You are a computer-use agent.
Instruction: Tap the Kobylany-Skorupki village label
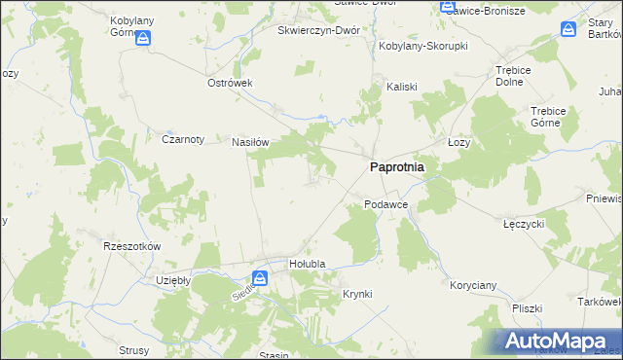423,46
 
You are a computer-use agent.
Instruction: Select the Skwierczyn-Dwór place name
318,30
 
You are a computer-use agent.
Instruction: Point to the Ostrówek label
230,83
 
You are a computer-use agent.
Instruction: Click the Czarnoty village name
182,139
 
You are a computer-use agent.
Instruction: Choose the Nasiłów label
249,141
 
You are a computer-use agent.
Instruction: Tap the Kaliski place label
401,86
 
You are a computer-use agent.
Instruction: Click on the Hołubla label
308,264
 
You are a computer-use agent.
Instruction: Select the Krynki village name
357,294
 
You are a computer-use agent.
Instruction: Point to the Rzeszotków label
131,247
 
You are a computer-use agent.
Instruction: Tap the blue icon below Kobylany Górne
143,39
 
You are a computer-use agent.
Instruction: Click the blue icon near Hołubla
261,278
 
